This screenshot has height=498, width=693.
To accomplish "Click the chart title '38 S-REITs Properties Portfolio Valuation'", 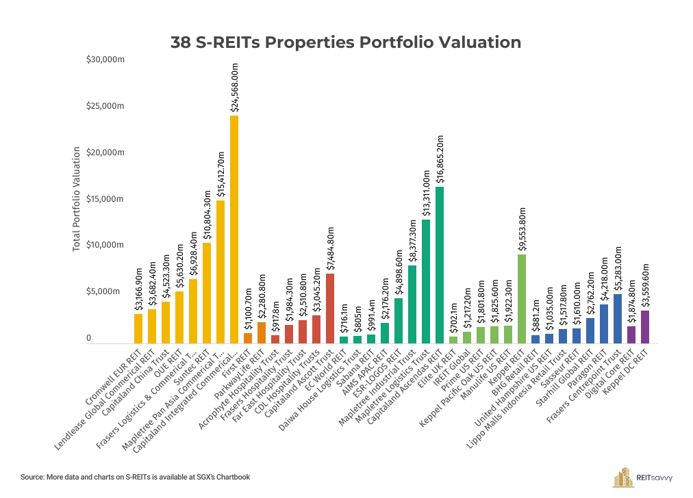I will tap(346, 42).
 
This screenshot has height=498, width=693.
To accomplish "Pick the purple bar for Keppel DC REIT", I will tap(645, 327).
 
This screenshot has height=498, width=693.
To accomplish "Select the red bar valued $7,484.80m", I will tap(330, 309).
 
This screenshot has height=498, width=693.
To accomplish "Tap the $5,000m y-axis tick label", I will tap(107, 291).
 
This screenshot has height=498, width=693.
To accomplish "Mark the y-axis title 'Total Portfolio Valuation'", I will tap(77, 198).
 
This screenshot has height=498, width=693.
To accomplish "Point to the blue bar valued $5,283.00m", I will tap(618, 319).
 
